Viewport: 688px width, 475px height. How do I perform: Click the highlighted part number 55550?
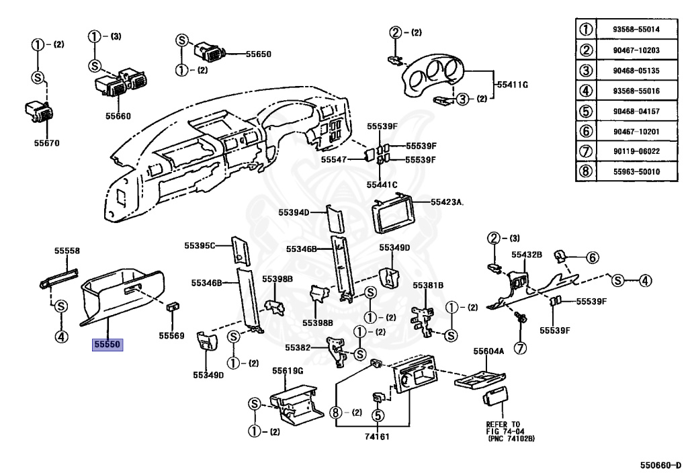point(107,345)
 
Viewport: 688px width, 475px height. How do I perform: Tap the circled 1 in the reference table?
point(586,30)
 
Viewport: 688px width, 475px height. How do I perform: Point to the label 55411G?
point(512,85)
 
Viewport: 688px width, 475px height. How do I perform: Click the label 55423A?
point(448,201)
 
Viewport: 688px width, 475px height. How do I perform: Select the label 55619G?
point(288,370)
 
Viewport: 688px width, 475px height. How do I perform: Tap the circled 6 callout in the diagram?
point(591,257)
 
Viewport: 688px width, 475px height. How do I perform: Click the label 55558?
point(67,251)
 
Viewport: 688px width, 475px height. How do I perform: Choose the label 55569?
point(171,335)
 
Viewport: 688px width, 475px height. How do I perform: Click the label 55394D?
point(294,212)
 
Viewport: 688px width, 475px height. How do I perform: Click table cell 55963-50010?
point(636,171)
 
